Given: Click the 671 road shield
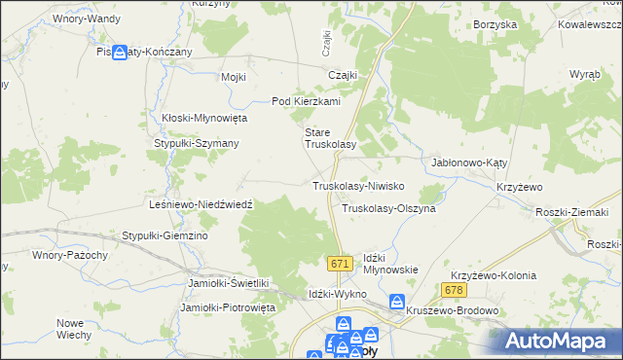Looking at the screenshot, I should point(339,264).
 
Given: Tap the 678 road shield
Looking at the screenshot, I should point(453,290).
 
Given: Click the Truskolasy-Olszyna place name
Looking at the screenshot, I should point(388,208).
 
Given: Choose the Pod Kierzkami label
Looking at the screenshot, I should point(305,101).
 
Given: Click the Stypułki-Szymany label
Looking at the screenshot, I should point(198,143).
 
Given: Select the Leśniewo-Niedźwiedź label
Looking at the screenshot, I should point(199,205).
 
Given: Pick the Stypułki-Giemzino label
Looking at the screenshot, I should point(165,235).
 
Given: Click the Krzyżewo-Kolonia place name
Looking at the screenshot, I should point(495,275).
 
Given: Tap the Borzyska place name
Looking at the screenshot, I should point(495,25).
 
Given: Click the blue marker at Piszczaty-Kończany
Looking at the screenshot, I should point(121,53).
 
